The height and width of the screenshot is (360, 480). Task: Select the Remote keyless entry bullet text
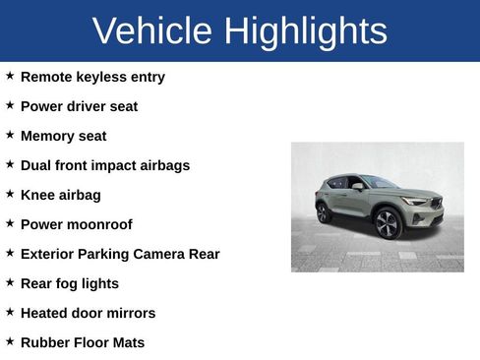pos(92,77)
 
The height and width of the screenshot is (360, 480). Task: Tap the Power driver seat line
pos(79,106)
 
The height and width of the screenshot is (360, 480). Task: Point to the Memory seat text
pos(63,136)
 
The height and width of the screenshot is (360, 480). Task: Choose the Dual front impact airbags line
pos(105,165)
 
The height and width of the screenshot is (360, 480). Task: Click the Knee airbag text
pos(61,195)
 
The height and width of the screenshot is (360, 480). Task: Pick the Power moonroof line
pos(76,224)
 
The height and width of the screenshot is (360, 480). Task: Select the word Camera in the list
pos(159,254)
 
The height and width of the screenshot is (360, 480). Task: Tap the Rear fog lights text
pos(70,283)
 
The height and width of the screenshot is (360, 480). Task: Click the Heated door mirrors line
pos(88,313)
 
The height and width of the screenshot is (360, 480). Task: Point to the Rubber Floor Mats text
pos(83,342)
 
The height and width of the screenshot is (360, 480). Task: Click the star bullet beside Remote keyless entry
pos(10,76)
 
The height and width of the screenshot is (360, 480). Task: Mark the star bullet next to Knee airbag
pos(10,194)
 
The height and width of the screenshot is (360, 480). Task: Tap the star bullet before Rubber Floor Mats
pos(10,341)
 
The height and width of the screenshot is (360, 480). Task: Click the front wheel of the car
pos(388,223)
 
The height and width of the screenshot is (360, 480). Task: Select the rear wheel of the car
pos(324,212)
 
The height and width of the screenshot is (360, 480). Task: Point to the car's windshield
pos(380,183)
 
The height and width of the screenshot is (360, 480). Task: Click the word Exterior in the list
pos(49,254)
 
